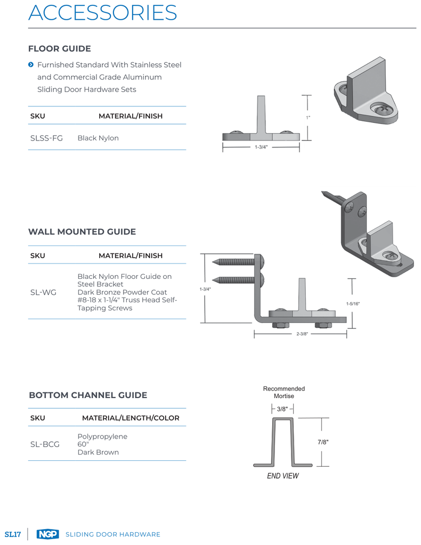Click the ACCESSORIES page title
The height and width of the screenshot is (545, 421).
(x=103, y=13)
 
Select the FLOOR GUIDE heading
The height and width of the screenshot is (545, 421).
(x=60, y=48)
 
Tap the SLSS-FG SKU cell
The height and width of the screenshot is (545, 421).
(x=46, y=138)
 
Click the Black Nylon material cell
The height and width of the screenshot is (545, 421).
(x=98, y=138)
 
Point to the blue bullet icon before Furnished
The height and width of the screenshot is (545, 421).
(x=31, y=64)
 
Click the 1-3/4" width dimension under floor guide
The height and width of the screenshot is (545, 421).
(x=261, y=147)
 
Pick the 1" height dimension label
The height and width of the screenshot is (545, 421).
(x=308, y=118)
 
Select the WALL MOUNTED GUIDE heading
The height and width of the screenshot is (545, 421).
(x=82, y=232)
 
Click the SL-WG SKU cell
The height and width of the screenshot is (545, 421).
(x=43, y=292)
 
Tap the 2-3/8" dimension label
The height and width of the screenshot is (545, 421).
(x=302, y=334)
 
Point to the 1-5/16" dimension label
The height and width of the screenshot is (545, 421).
(x=353, y=304)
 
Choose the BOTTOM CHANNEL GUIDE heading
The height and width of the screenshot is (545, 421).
(x=88, y=395)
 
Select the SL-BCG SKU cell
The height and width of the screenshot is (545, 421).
(x=45, y=444)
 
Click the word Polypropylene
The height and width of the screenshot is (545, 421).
(x=102, y=436)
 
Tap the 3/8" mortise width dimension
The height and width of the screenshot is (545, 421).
(x=282, y=409)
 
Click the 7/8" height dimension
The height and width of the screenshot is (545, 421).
(x=323, y=442)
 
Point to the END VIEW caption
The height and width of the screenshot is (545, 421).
(x=283, y=476)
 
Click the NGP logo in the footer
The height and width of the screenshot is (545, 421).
(x=47, y=534)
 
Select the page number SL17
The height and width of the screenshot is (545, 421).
(x=13, y=534)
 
